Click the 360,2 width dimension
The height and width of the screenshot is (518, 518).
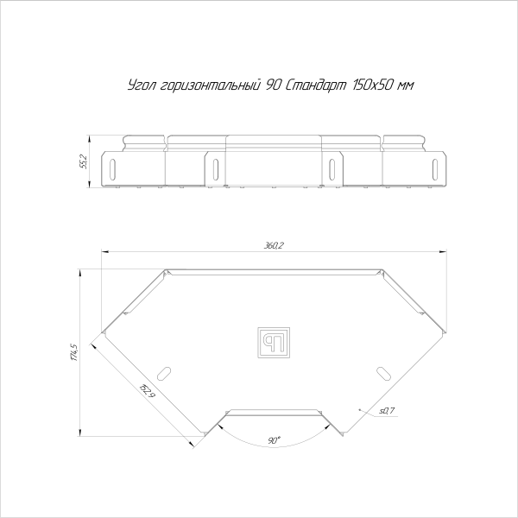275,247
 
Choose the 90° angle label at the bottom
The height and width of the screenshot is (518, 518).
274,440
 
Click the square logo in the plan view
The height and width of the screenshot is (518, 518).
275,341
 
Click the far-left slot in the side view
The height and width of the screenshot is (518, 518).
113,167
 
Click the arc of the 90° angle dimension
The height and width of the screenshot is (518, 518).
275,448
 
